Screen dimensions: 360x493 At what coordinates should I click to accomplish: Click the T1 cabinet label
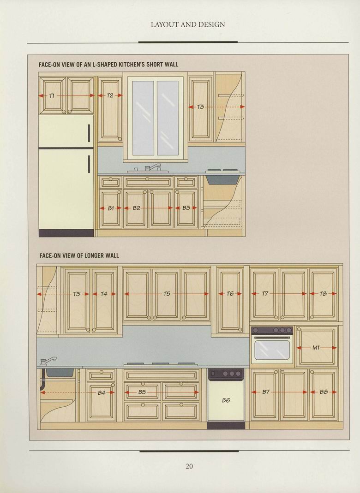[52, 95]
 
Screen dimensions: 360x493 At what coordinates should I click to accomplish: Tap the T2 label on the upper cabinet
[110, 95]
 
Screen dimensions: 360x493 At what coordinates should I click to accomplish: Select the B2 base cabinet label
[136, 208]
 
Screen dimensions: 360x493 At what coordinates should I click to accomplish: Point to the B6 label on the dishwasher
[226, 400]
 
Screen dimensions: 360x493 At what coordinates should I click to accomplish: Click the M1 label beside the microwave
[316, 348]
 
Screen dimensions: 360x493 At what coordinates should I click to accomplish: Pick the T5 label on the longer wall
[167, 294]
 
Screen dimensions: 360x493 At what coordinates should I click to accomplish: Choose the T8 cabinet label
[323, 294]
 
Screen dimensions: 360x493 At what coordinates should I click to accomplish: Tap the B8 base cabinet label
[324, 392]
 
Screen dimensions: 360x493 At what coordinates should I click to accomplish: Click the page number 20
[189, 466]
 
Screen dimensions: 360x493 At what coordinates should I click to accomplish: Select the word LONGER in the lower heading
[95, 255]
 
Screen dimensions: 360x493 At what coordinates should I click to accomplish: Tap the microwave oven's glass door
[272, 350]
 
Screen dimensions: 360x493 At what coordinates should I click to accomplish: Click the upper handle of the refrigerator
[89, 133]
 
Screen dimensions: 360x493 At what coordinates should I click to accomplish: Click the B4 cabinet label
[102, 393]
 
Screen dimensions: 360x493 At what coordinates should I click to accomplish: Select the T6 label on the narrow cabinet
[230, 294]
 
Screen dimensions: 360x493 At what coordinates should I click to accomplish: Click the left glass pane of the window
[143, 118]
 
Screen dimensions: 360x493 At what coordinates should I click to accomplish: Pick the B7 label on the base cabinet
[266, 392]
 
